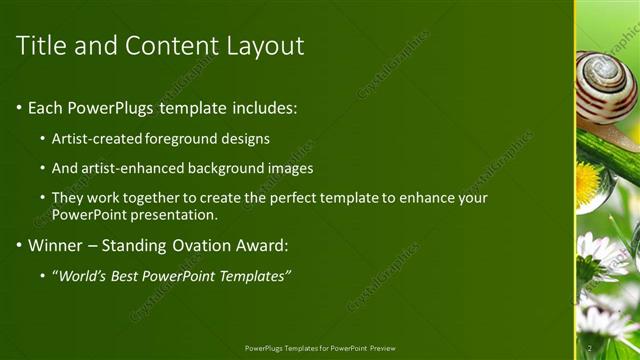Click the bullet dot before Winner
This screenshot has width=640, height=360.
point(20,246)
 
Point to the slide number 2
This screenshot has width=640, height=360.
point(589,347)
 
